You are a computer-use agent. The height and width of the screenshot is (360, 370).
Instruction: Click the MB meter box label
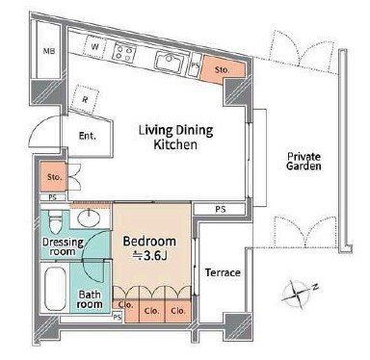49,51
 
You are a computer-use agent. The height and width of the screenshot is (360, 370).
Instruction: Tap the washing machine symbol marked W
94,47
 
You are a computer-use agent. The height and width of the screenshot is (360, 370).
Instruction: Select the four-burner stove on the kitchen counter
124,53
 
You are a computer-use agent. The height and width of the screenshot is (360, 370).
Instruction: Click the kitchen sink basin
169,61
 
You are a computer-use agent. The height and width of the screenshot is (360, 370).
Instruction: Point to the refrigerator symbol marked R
85,99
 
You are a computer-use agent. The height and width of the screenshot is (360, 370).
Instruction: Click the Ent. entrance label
88,136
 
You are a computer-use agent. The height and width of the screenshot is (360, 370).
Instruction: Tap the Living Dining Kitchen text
175,138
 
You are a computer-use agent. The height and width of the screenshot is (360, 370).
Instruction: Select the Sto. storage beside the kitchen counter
223,70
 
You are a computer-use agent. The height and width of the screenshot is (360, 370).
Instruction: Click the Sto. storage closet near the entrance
54,177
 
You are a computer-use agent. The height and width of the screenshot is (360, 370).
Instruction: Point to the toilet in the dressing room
56,221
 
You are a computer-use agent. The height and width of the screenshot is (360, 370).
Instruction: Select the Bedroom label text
149,242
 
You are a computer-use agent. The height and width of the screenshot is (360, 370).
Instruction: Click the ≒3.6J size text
150,256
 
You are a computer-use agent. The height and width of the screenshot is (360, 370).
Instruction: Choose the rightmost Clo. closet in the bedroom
178,309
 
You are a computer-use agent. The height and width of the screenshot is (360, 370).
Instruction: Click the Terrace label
223,272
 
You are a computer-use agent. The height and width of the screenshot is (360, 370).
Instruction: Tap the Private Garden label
304,161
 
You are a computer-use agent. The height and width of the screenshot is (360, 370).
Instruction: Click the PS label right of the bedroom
221,210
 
